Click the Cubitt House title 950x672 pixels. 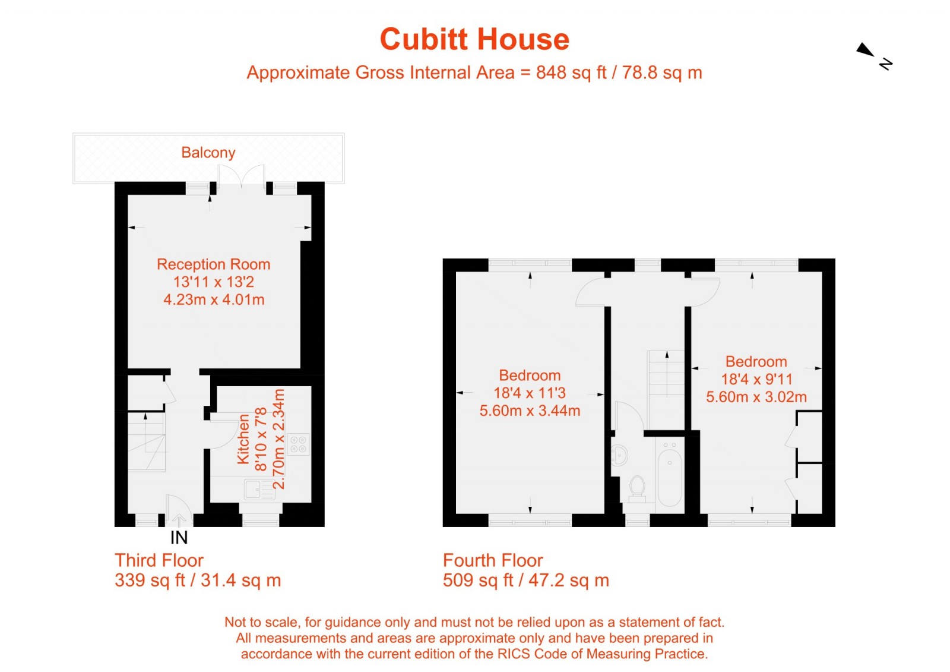(x=474, y=40)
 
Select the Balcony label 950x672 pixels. (x=208, y=153)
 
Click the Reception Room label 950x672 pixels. (x=213, y=264)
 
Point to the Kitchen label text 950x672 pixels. (x=243, y=439)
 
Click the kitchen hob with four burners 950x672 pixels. (x=298, y=444)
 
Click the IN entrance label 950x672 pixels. (x=179, y=538)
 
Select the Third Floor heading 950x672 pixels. (x=159, y=560)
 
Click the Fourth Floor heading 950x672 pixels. (x=493, y=560)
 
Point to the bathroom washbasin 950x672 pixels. (x=619, y=455)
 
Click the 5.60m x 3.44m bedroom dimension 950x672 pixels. (x=530, y=411)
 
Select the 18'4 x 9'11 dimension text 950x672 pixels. (x=756, y=379)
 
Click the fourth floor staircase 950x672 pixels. (x=666, y=380)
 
